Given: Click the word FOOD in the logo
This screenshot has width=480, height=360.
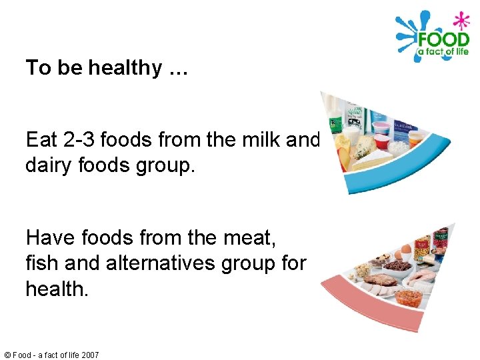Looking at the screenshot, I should (x=443, y=39).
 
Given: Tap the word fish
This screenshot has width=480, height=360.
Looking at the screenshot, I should (x=41, y=263).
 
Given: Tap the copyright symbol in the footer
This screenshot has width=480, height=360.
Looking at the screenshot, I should (x=6, y=355).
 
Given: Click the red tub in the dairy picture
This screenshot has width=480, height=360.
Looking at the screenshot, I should (x=381, y=141).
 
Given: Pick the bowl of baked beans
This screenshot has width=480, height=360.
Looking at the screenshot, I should (x=408, y=297).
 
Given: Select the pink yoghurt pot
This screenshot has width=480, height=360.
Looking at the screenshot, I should (x=381, y=127).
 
